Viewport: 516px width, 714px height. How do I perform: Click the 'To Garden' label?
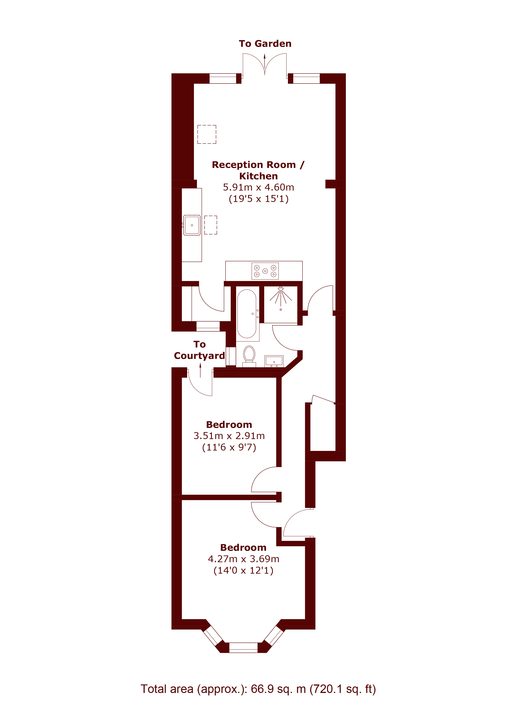pos(265,43)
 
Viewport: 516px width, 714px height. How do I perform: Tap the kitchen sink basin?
pos(192,225)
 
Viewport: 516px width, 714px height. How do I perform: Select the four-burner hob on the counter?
pos(265,271)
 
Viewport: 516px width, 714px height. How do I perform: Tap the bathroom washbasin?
pos(274,361)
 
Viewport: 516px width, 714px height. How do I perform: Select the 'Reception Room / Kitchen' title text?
pos(258,170)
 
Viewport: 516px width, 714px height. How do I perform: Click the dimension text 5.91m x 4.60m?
pos(258,187)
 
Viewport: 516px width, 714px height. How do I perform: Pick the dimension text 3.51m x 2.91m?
pos(229,436)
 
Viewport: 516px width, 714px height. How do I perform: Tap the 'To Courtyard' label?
pos(199,350)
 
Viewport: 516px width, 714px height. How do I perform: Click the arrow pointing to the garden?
pos(265,64)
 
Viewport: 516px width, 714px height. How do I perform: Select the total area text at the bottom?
pos(258,689)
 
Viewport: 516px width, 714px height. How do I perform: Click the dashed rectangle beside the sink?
pos(211,225)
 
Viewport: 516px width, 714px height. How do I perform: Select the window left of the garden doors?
pos(223,78)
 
